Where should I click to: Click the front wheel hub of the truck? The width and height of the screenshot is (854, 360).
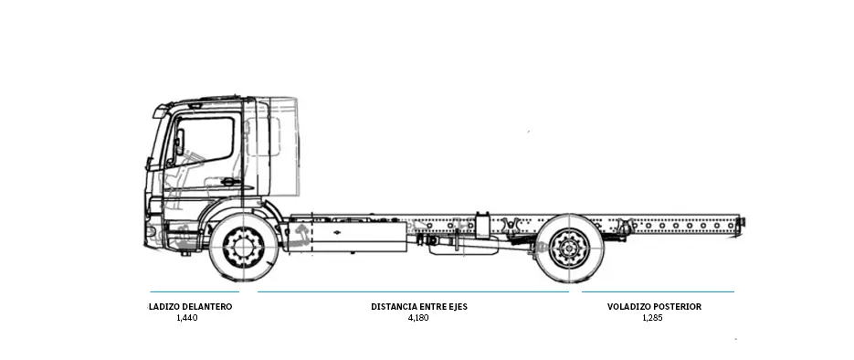(243, 248)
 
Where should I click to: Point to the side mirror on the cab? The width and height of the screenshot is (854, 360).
(180, 143)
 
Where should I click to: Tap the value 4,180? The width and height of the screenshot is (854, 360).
(418, 319)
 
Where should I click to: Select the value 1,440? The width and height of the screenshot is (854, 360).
(186, 319)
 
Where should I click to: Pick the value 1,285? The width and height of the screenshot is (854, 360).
(652, 319)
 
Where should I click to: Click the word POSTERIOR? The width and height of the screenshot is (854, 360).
(677, 307)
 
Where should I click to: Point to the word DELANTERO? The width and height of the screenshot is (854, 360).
(206, 307)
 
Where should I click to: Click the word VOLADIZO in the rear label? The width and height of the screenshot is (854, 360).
(628, 307)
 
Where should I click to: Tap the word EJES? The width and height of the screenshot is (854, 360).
(457, 307)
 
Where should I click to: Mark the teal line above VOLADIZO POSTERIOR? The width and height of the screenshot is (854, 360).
(658, 292)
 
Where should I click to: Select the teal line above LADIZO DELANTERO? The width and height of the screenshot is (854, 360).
(195, 292)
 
